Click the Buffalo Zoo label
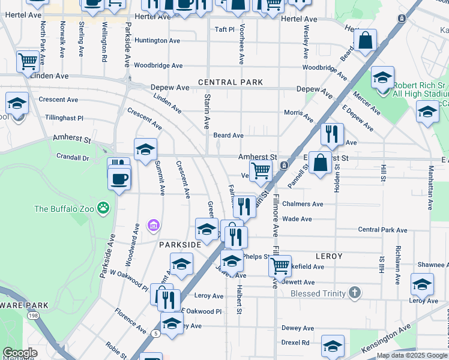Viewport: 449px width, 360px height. pyautogui.click(x=66, y=209)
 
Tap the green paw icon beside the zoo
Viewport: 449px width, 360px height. pyautogui.click(x=104, y=209)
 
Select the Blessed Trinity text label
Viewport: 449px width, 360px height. pyautogui.click(x=318, y=293)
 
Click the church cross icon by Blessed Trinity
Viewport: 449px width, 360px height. pyautogui.click(x=355, y=293)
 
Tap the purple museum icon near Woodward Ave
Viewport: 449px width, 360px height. pyautogui.click(x=154, y=226)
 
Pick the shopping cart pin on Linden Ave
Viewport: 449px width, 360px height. pyautogui.click(x=28, y=61)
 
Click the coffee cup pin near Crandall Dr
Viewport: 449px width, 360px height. pyautogui.click(x=119, y=178)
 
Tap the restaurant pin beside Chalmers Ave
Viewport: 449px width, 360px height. pyautogui.click(x=244, y=207)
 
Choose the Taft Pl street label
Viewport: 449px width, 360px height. pyautogui.click(x=224, y=29)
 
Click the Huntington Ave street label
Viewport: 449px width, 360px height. pyautogui.click(x=157, y=41)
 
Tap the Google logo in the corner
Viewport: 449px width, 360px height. pyautogui.click(x=20, y=353)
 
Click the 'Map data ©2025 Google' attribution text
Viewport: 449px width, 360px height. pyautogui.click(x=411, y=355)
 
